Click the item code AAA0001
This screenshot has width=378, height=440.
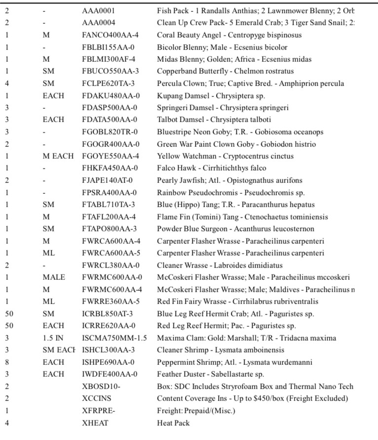click(99, 10)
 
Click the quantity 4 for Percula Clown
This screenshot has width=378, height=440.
click(7, 84)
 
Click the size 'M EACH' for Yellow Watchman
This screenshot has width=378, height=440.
click(58, 156)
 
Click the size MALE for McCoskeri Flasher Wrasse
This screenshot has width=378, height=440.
click(53, 277)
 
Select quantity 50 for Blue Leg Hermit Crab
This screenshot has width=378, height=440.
click(9, 314)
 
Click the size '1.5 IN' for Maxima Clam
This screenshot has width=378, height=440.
click(53, 338)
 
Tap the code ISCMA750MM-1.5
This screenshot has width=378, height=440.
click(114, 338)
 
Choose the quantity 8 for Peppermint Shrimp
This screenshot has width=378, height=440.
click(7, 362)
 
